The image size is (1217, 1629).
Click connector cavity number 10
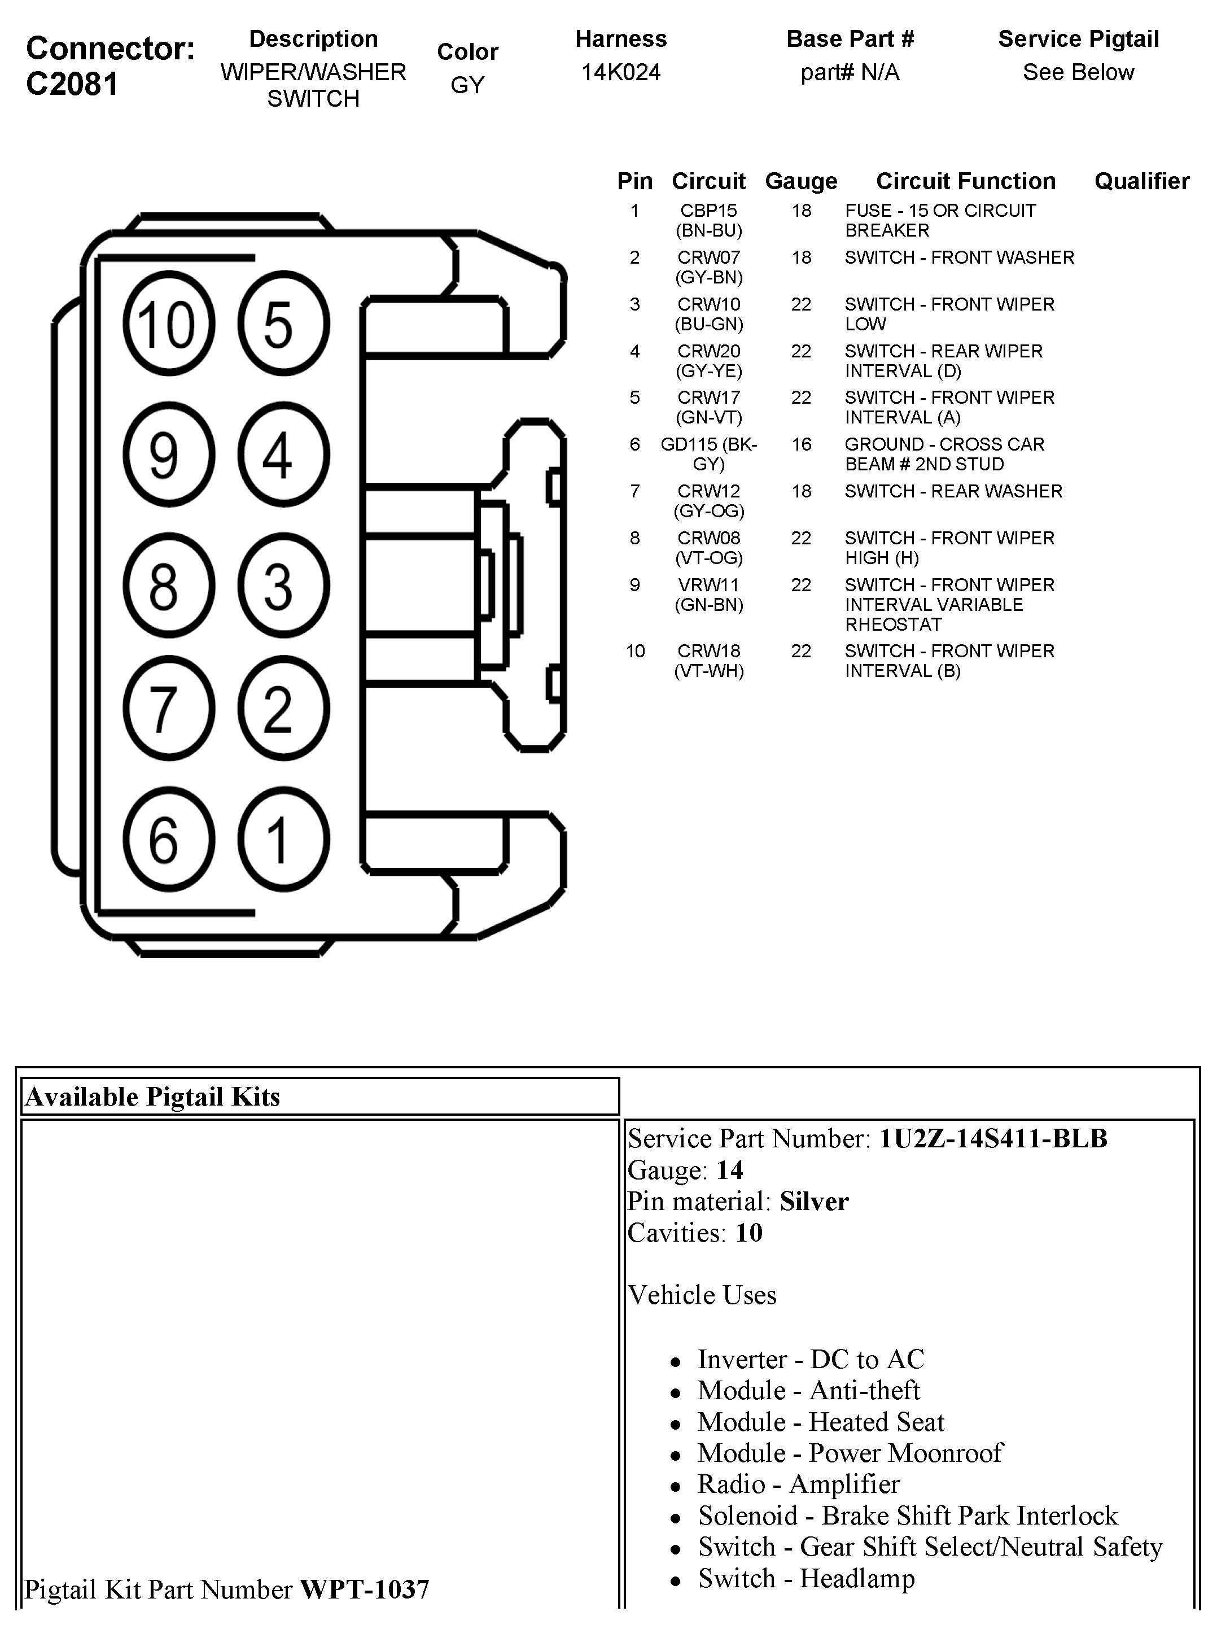pyautogui.click(x=169, y=324)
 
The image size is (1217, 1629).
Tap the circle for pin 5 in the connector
pyautogui.click(x=283, y=324)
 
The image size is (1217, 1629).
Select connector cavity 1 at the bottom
pyautogui.click(x=283, y=839)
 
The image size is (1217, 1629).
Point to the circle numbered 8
pyautogui.click(x=169, y=586)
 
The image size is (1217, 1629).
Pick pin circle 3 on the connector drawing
pyautogui.click(x=283, y=586)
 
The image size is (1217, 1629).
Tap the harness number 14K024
pyautogui.click(x=621, y=72)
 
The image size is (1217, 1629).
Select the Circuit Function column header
pyautogui.click(x=965, y=181)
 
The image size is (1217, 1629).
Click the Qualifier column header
pyautogui.click(x=1141, y=181)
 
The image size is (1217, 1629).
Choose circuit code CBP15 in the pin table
pyautogui.click(x=708, y=211)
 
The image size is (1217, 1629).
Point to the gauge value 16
pyautogui.click(x=801, y=445)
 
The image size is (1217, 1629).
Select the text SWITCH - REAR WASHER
pyautogui.click(x=953, y=491)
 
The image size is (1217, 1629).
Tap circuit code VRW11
pyautogui.click(x=708, y=585)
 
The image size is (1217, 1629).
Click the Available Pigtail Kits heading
pyautogui.click(x=152, y=1097)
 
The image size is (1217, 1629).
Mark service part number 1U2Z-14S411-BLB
pyautogui.click(x=993, y=1138)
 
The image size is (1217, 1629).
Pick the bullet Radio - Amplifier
pyautogui.click(x=798, y=1484)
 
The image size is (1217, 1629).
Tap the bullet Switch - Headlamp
pyautogui.click(x=806, y=1578)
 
